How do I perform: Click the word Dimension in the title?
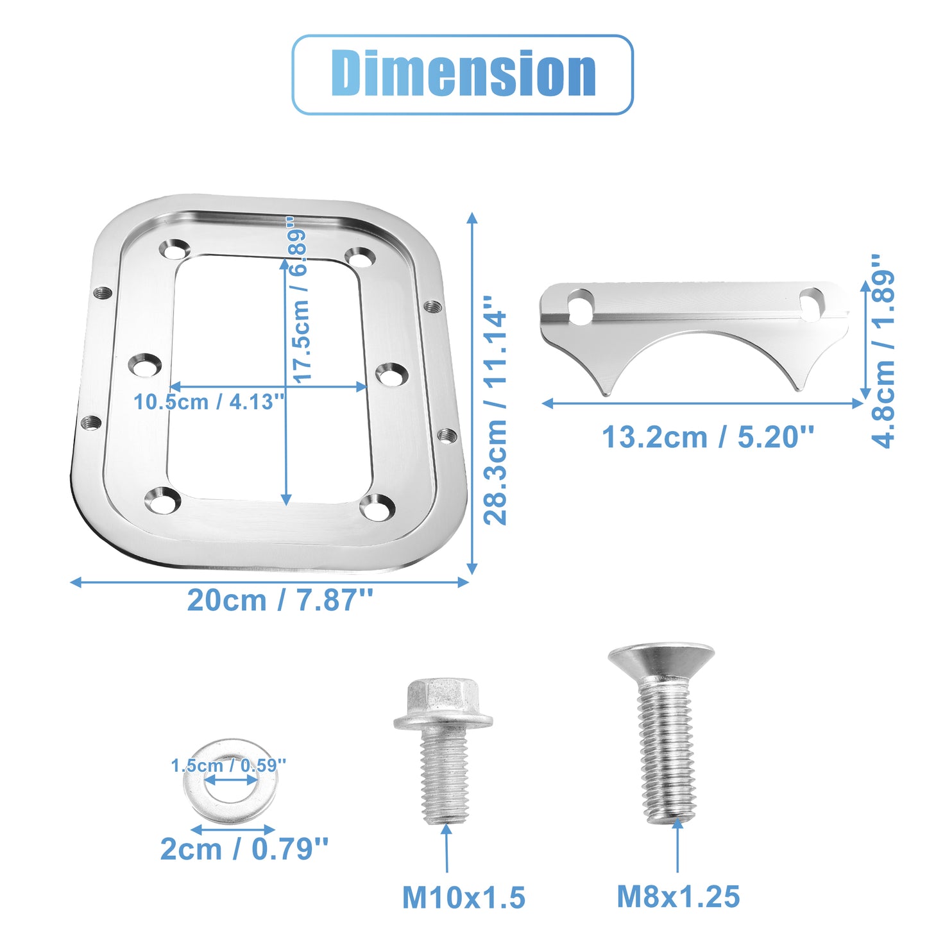tap(463, 73)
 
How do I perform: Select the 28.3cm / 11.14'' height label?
tap(495, 410)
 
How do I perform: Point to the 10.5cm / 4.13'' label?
tap(209, 402)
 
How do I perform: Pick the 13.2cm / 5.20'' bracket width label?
tap(708, 437)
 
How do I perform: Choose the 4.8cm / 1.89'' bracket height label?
tap(883, 351)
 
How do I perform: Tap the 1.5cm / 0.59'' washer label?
tap(228, 765)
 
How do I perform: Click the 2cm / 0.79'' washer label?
tap(244, 849)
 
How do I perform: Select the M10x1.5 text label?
tap(464, 897)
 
